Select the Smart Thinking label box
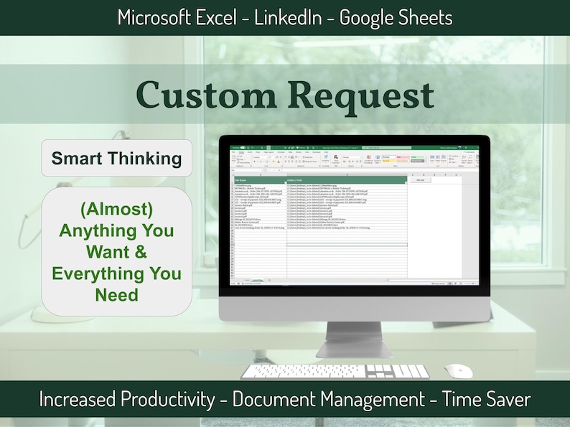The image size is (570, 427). click(x=116, y=158)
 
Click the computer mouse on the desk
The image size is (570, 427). click(x=458, y=371)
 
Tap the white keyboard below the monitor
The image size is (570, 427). click(x=334, y=372)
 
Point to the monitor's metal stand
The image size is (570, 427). click(x=354, y=330)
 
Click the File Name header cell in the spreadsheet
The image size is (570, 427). click(x=243, y=180)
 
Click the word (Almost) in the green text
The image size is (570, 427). click(x=116, y=212)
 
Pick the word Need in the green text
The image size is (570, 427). click(x=116, y=294)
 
